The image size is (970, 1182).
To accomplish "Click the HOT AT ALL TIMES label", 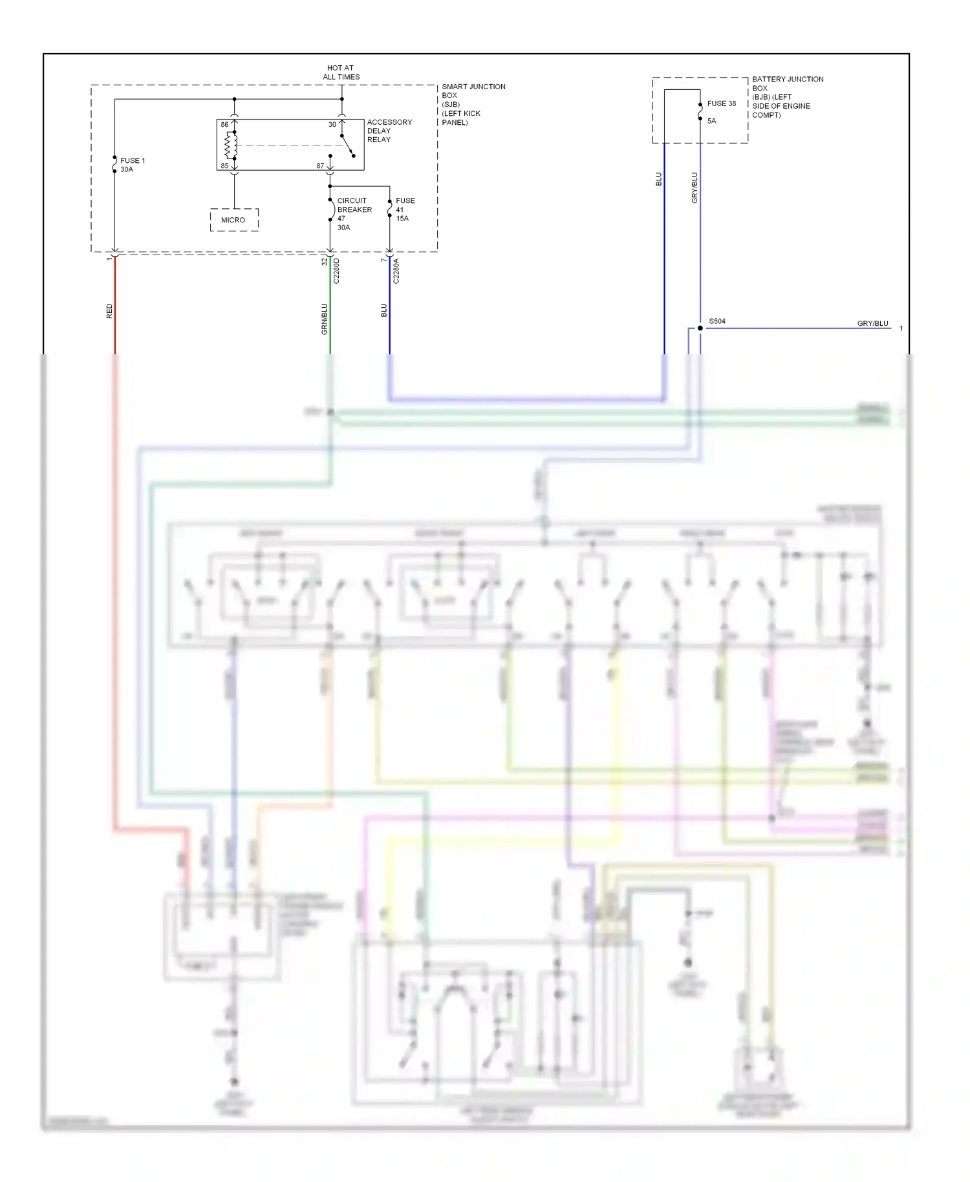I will (x=341, y=72).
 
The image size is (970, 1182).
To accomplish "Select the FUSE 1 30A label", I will (x=132, y=165).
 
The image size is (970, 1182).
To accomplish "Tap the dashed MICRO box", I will (x=234, y=220).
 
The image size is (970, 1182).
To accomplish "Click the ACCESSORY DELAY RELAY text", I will (x=389, y=131).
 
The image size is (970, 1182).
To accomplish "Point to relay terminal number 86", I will (x=224, y=125).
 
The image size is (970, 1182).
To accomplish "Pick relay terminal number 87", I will (x=320, y=166).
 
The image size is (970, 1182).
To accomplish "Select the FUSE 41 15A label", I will (x=405, y=210).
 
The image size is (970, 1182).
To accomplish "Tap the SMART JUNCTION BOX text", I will (x=473, y=104).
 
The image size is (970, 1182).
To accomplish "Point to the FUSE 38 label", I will (x=721, y=103).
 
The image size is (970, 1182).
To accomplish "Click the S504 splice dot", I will (x=700, y=328).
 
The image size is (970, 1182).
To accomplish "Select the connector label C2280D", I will (x=336, y=271).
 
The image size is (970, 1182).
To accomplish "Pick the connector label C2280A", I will (x=396, y=271).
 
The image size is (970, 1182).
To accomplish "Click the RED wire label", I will (x=109, y=311).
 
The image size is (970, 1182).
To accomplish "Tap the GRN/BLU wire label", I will (x=325, y=319).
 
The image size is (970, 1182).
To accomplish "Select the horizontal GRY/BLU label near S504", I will (x=872, y=323).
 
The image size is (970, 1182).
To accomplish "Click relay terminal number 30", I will (x=332, y=125).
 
